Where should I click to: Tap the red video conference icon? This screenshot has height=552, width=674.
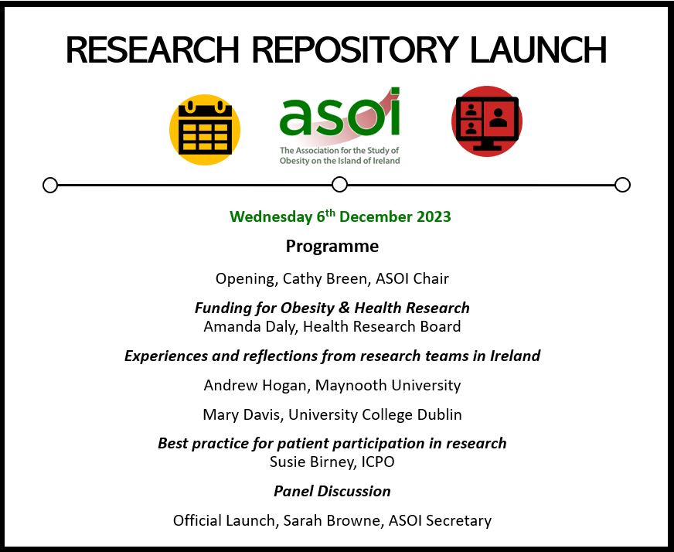(x=487, y=122)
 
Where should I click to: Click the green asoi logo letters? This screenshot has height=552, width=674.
(x=339, y=114)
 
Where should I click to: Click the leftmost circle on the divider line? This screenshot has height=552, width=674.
(x=50, y=185)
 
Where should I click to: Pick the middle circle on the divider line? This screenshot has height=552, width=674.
(x=339, y=185)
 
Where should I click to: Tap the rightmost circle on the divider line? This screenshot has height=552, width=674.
(x=622, y=185)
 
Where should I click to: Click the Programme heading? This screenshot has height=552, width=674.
(x=332, y=247)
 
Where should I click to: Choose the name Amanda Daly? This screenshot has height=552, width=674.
(x=249, y=326)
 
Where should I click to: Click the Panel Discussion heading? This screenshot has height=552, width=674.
(x=332, y=491)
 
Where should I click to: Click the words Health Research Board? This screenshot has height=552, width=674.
(x=382, y=326)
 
